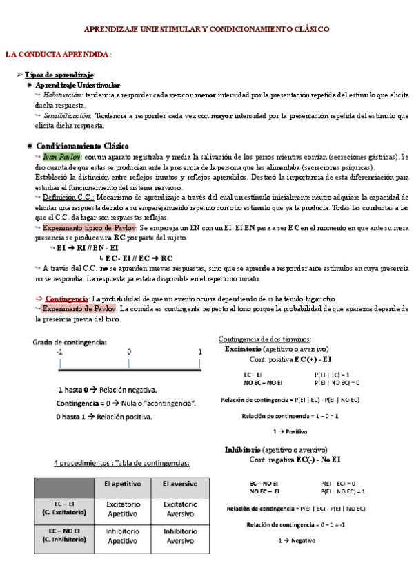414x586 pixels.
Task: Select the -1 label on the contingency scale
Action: click(x=60, y=352)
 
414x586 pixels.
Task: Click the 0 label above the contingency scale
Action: click(x=129, y=352)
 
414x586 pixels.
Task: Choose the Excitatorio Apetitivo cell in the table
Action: click(x=122, y=509)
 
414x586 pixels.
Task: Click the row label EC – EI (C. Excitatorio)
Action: click(x=63, y=509)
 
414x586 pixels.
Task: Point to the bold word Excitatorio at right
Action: click(x=246, y=349)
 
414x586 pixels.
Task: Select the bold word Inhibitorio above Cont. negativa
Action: click(x=245, y=450)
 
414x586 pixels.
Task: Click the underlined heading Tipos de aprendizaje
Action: click(x=59, y=74)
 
